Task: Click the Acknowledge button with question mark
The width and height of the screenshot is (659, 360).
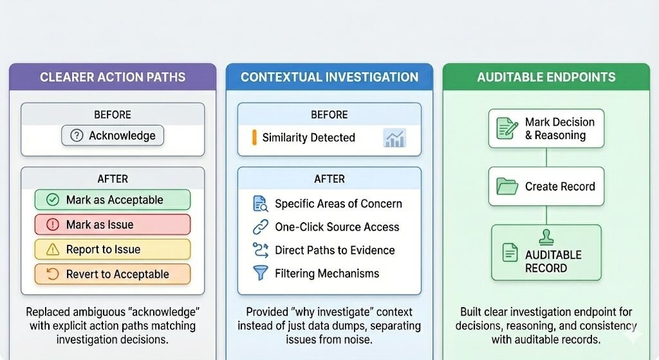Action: coord(113,136)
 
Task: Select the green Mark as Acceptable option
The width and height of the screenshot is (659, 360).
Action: coord(113,200)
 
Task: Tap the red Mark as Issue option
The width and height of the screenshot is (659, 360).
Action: coord(113,225)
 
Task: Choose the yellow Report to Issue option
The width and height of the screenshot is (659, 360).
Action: coord(113,249)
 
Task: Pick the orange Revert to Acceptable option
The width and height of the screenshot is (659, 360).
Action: coord(113,274)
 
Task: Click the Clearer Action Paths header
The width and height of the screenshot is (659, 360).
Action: coord(113,77)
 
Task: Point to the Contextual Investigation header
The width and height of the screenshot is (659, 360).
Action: coord(329,77)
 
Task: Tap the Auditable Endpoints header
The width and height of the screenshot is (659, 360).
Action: coord(546,77)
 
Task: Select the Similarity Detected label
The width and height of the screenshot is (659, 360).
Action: coord(308,138)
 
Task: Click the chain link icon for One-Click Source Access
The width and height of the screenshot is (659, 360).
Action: coord(261,227)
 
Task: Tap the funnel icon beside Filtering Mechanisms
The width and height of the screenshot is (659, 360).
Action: coord(261,273)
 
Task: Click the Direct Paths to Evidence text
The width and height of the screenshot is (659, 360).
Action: coord(335,251)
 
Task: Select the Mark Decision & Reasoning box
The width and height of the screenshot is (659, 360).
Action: coord(546,128)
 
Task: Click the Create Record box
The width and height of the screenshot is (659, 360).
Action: coord(546,187)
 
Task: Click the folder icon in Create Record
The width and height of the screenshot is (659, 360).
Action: coord(508,187)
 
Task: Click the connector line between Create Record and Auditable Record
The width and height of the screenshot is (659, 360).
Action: coord(546,215)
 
